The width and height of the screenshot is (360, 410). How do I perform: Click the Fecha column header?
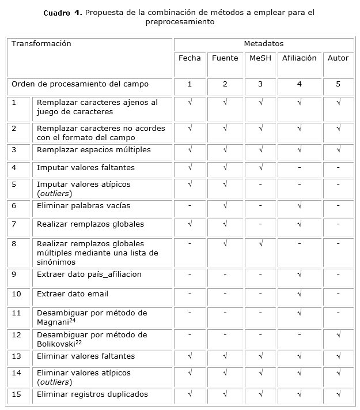[190, 58]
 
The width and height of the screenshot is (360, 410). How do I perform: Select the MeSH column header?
[260, 58]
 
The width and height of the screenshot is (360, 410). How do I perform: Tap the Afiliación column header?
[299, 58]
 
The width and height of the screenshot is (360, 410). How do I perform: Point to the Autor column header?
[338, 58]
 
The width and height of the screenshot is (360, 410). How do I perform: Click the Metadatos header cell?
[263, 44]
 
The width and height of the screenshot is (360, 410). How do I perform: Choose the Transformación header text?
[41, 44]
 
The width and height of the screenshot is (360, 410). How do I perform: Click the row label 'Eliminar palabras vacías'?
[84, 206]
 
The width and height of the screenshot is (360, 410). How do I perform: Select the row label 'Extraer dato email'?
[73, 294]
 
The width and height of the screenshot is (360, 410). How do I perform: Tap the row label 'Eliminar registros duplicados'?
[92, 394]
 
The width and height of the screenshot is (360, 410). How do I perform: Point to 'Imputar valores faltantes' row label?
[86, 168]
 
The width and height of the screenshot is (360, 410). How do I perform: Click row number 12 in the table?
[16, 335]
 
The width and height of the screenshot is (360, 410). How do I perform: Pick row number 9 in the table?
[14, 274]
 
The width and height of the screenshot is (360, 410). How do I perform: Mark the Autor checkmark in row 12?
[338, 335]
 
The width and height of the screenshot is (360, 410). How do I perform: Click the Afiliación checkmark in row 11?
[299, 313]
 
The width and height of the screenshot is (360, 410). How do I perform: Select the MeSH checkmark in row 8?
[260, 244]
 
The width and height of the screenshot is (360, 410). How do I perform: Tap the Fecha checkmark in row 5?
[190, 185]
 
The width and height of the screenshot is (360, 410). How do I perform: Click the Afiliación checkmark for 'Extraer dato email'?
[299, 294]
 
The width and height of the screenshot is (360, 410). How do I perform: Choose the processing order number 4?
[299, 84]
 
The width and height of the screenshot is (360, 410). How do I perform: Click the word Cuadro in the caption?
[56, 13]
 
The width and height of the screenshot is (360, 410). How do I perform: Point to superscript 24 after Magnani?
[72, 320]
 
